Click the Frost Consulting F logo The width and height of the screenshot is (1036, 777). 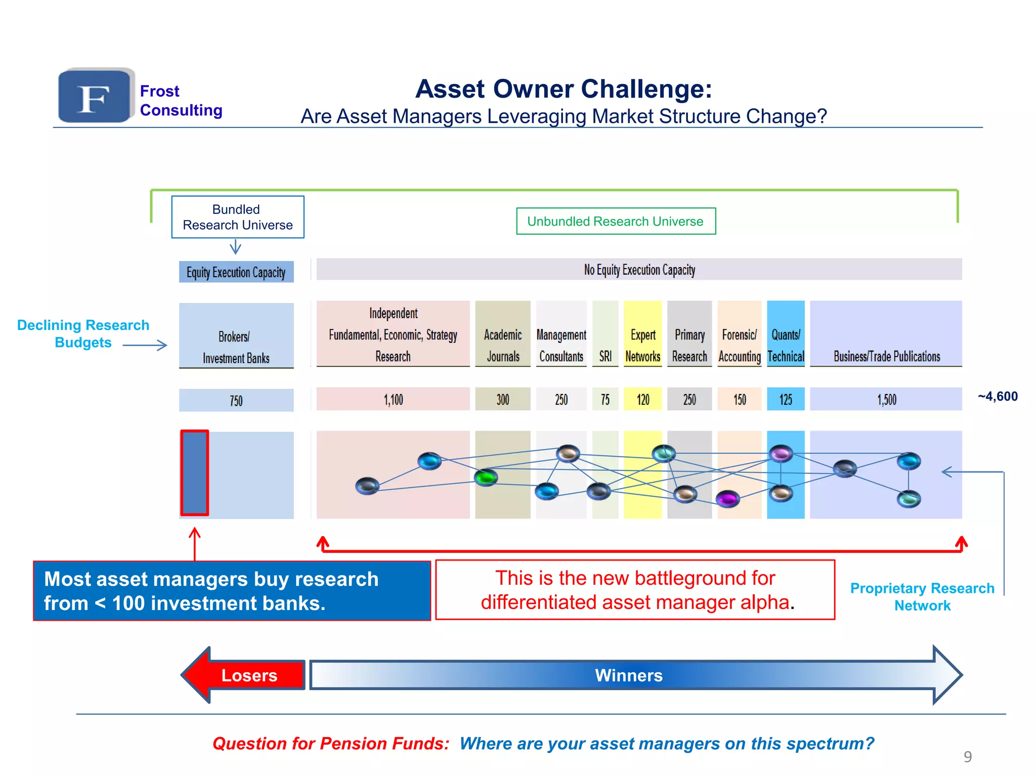click(95, 96)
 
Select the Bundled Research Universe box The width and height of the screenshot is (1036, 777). click(237, 217)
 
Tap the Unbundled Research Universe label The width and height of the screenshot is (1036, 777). click(615, 221)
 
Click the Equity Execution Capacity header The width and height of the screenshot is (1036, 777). click(236, 272)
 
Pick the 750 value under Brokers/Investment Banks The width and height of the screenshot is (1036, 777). click(236, 400)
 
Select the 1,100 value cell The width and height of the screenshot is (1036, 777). click(393, 400)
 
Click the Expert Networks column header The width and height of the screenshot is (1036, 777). click(642, 345)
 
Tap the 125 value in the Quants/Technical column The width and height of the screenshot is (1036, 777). click(785, 400)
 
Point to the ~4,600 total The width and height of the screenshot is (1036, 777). click(997, 396)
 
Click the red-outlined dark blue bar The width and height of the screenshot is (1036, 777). click(195, 472)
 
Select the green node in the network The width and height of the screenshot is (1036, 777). click(486, 477)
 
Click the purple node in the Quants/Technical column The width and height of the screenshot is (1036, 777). click(781, 453)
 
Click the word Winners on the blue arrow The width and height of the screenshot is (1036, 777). click(628, 675)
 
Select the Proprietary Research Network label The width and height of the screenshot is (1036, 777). click(922, 597)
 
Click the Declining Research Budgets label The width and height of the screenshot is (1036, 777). click(83, 333)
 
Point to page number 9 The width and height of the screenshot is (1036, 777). click(967, 757)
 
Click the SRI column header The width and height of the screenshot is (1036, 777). click(605, 356)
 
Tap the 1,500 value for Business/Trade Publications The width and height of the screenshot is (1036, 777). click(886, 400)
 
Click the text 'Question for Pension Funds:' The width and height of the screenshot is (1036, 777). click(331, 743)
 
